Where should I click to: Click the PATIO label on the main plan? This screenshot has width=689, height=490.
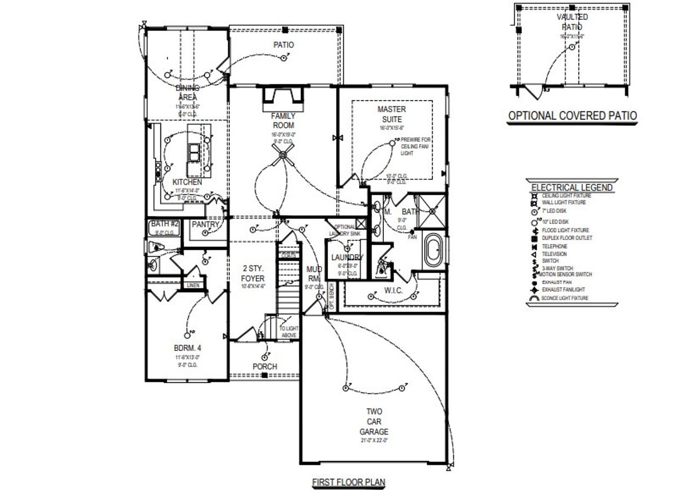284,45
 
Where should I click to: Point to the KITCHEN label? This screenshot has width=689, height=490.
187,183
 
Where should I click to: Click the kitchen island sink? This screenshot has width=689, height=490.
194,152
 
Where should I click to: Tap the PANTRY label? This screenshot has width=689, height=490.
206,224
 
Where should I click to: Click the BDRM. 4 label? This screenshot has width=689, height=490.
187,348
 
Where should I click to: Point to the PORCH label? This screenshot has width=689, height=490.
265,367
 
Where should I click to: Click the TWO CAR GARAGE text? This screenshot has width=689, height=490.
375,422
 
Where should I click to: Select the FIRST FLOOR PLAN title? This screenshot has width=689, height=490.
349,482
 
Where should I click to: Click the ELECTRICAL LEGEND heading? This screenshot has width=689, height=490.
572,187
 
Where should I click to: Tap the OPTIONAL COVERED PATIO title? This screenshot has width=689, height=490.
573,115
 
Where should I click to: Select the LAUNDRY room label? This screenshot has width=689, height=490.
347,257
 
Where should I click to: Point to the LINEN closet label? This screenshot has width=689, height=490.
193,285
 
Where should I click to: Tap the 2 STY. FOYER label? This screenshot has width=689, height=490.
253,274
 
